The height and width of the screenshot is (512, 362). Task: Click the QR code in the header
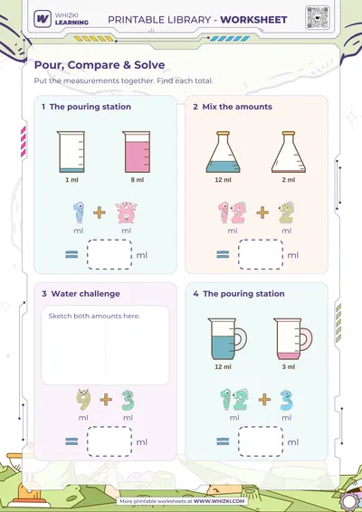pyautogui.click(x=318, y=17)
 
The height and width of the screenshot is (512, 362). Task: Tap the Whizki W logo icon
pyautogui.click(x=43, y=19)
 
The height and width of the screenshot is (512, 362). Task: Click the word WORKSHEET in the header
pyautogui.click(x=253, y=20)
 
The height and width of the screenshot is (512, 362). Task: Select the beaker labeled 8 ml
pyautogui.click(x=137, y=152)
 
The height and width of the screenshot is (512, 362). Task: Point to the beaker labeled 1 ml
pyautogui.click(x=71, y=152)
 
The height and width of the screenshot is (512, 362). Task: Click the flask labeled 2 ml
pyautogui.click(x=289, y=152)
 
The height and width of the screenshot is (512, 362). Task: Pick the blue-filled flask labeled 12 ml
pyautogui.click(x=224, y=152)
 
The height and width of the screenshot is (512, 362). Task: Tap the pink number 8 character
pyautogui.click(x=127, y=213)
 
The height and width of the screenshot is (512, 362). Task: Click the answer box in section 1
pyautogui.click(x=110, y=255)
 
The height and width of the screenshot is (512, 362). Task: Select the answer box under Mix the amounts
pyautogui.click(x=261, y=255)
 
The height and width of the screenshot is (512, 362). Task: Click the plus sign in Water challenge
pyautogui.click(x=106, y=399)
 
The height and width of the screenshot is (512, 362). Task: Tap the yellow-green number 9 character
pyautogui.click(x=83, y=400)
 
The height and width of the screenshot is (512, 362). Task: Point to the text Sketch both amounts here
pyautogui.click(x=94, y=316)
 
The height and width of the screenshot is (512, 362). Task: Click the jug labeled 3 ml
pyautogui.click(x=292, y=339)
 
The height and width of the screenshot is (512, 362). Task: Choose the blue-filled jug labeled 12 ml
pyautogui.click(x=227, y=339)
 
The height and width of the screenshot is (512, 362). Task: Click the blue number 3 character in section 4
pyautogui.click(x=286, y=400)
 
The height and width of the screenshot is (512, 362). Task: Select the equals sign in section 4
pyautogui.click(x=223, y=441)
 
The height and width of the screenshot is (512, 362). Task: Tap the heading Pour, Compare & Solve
pyautogui.click(x=100, y=65)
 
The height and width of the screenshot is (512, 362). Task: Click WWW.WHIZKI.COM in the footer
pyautogui.click(x=219, y=501)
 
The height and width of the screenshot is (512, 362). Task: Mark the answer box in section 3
pyautogui.click(x=110, y=441)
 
